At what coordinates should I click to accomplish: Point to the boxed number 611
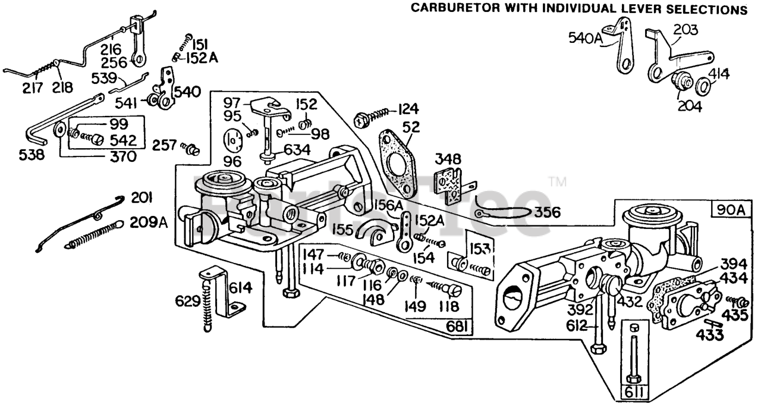click(634, 393)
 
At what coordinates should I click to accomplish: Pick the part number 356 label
click(545, 212)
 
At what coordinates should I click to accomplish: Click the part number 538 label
click(31, 156)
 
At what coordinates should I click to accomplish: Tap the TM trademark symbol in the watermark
click(557, 181)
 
